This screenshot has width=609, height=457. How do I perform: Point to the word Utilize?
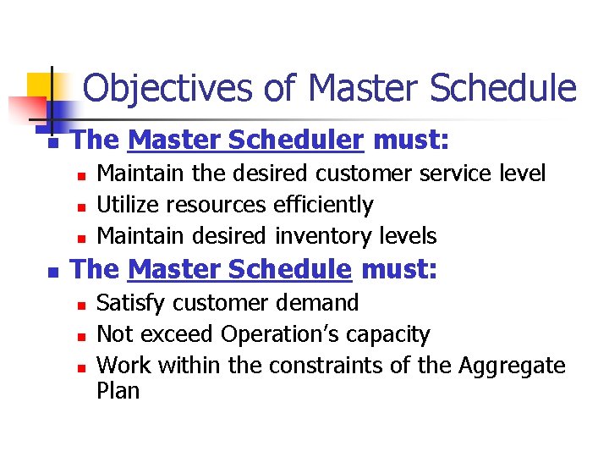(x=128, y=205)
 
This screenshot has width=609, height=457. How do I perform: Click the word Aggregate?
(x=512, y=366)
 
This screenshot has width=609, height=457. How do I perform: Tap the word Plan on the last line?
(x=118, y=391)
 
